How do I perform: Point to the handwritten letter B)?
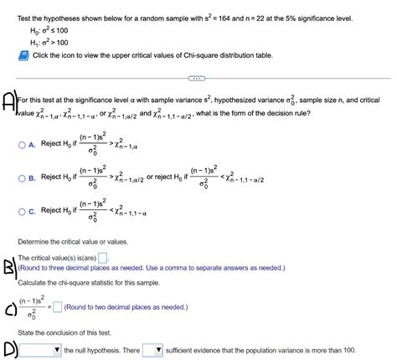click(9, 267)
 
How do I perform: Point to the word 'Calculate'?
click(35, 281)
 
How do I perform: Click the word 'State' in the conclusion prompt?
click(27, 332)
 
